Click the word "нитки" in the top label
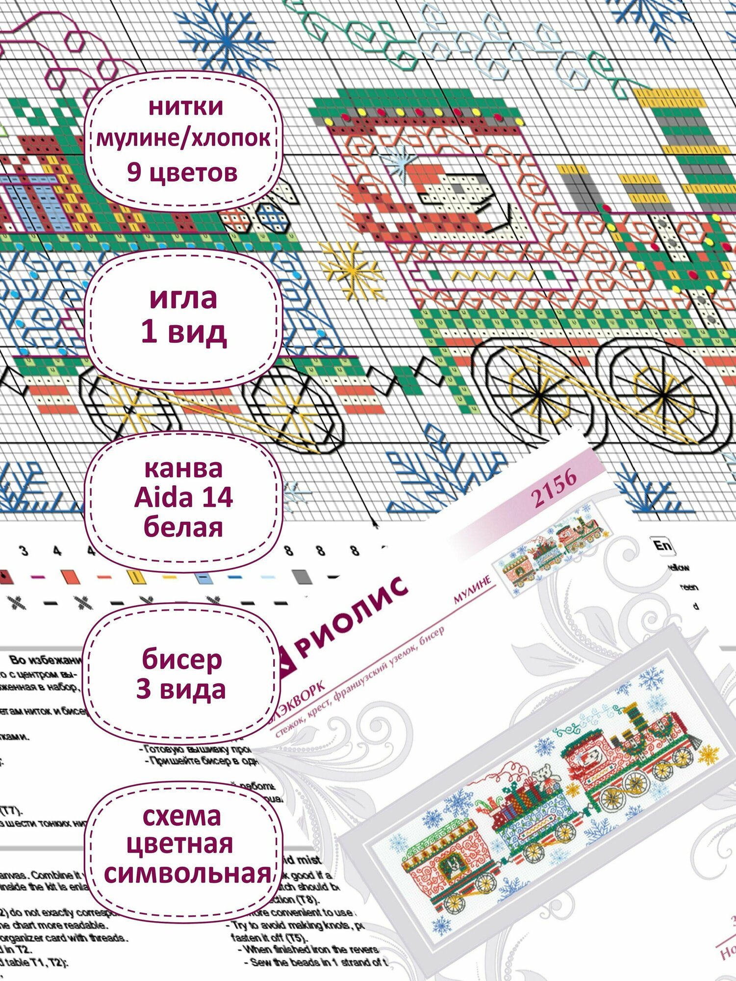(186, 106)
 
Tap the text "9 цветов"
(182, 172)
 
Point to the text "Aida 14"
(183, 498)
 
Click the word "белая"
(183, 527)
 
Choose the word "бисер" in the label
(182, 659)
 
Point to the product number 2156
(554, 488)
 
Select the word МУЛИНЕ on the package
(472, 589)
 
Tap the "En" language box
(662, 545)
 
